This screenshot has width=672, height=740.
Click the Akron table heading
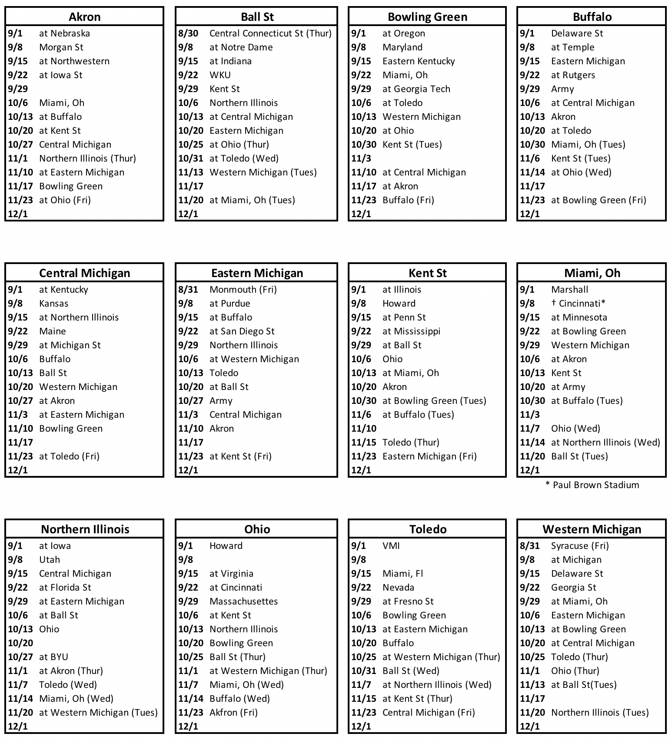[84, 17]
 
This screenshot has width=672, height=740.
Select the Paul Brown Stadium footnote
[592, 485]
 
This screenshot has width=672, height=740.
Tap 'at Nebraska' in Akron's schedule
[64, 33]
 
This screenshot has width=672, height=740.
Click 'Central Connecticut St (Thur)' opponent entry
[270, 33]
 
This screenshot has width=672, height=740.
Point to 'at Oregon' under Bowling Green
[403, 33]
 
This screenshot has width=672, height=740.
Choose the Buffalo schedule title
[592, 17]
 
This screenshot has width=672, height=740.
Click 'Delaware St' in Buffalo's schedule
[577, 33]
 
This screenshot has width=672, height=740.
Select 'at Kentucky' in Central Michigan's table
[63, 290]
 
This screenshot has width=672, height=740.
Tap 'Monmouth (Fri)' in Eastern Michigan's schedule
[243, 290]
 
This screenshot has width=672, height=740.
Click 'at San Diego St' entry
[242, 331]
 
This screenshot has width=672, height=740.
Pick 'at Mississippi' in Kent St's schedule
[411, 331]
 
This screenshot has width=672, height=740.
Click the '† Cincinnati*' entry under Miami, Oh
[578, 304]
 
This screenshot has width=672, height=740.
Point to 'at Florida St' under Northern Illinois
[65, 588]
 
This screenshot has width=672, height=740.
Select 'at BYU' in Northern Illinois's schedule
[53, 657]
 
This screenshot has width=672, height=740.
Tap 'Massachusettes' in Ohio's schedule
[243, 601]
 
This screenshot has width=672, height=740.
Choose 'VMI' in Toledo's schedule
[391, 546]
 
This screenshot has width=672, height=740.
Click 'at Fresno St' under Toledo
[408, 601]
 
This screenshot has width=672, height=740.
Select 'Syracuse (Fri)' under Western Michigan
[580, 546]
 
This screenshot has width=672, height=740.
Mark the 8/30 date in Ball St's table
[188, 33]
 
